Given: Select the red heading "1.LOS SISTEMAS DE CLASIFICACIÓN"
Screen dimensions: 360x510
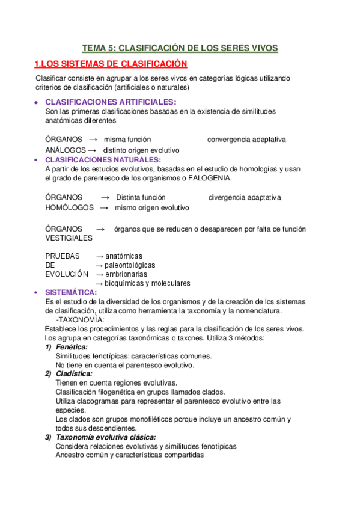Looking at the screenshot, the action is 111,64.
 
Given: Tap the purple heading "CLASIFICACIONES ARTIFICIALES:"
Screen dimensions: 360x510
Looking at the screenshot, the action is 111,102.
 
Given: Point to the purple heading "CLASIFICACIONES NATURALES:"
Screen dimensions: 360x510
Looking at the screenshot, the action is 103,159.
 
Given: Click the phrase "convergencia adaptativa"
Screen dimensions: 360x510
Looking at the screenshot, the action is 246,140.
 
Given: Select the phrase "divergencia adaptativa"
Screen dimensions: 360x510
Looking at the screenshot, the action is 245,197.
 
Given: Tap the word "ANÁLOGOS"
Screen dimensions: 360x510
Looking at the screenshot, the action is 64,150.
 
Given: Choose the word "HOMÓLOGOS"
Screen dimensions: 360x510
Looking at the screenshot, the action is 69,207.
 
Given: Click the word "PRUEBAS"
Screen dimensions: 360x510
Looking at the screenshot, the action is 62,256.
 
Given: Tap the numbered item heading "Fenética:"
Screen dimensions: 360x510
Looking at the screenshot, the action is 72,347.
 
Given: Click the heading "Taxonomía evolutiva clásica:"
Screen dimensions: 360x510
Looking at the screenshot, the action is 106,437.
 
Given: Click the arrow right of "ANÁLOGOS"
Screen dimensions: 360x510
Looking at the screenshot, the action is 92,150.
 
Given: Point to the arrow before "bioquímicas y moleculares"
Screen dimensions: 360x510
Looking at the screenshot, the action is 100,283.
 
